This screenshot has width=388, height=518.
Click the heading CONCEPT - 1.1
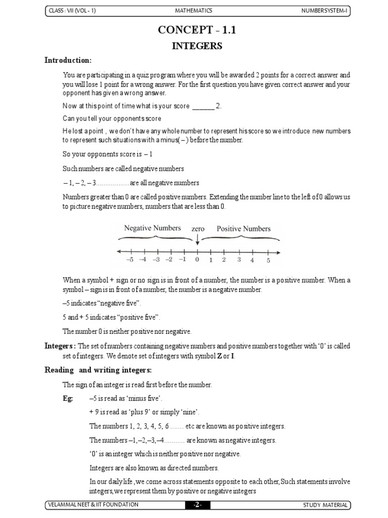[197, 30]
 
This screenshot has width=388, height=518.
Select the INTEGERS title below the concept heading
[197, 47]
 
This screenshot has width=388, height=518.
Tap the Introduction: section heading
[68, 61]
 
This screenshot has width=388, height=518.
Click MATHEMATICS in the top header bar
[193, 11]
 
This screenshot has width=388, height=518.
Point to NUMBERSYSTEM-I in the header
[324, 11]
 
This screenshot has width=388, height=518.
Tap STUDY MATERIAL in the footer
[325, 505]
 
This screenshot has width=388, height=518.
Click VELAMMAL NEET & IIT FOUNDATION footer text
[91, 505]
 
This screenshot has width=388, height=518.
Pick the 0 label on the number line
[197, 260]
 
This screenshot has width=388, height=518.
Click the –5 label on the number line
[130, 260]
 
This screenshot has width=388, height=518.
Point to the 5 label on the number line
[268, 261]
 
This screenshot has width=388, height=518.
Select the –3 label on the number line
[156, 260]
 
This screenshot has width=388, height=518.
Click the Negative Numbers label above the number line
[153, 228]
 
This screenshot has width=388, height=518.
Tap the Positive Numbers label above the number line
[244, 229]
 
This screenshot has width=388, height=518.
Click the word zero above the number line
[198, 229]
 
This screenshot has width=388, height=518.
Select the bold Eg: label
[68, 399]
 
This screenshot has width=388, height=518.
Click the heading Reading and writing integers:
[98, 370]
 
